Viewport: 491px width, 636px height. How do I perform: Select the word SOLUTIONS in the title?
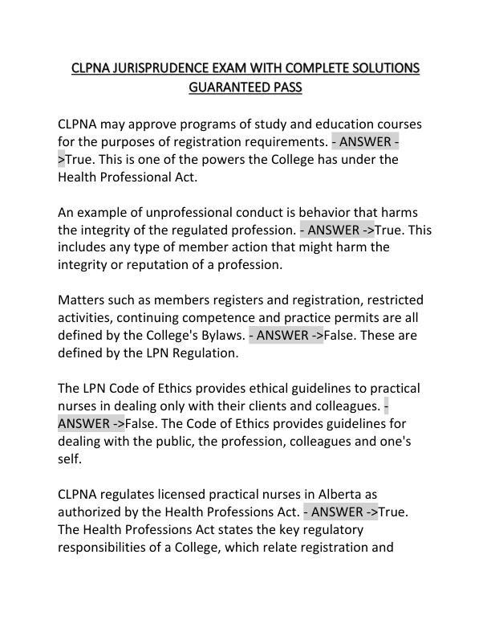point(386,67)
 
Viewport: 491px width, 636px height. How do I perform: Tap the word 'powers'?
point(235,160)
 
